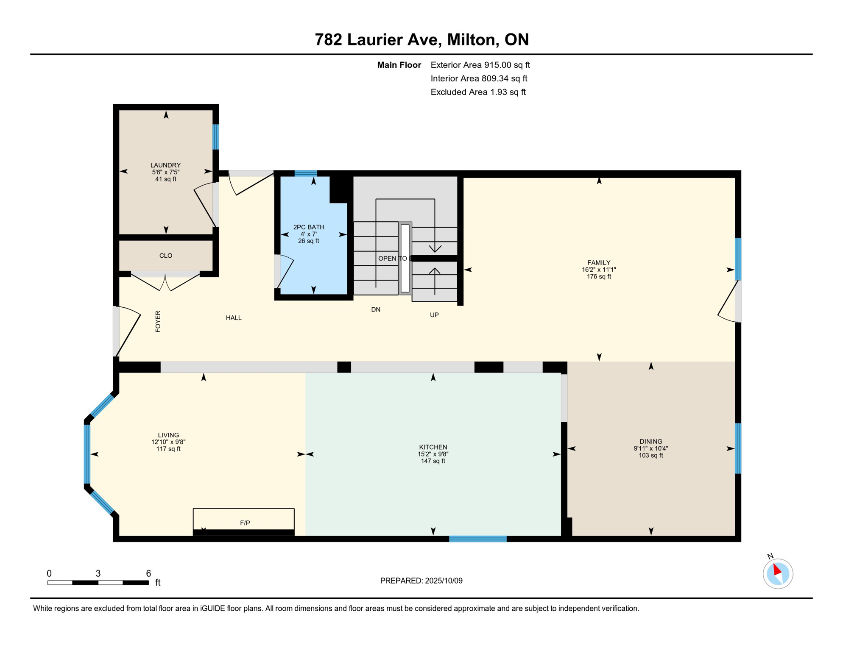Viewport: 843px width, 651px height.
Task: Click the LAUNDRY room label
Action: pos(165,165)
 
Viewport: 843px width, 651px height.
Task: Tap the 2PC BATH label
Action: pos(309,227)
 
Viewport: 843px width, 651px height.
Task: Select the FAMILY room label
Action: pos(599,263)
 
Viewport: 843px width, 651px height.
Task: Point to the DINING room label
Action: pos(651,442)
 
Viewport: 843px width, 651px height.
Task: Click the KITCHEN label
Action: pos(433,447)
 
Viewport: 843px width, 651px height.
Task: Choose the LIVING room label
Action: pos(168,435)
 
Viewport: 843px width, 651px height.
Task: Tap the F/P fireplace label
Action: pos(245,523)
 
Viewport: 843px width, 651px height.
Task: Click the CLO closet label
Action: pos(166,256)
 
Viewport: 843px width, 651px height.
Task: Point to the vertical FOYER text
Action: pos(158,321)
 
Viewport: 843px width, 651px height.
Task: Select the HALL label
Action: pos(234,318)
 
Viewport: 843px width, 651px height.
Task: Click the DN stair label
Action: pos(376,310)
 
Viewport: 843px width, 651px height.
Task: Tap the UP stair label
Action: pos(434,315)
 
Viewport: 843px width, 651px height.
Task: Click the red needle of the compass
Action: pos(777,569)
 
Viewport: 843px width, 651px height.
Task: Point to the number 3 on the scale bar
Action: pos(98,573)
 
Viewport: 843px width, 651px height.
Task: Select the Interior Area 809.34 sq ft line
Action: pos(479,78)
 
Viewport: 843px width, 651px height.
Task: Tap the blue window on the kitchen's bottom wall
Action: pos(478,539)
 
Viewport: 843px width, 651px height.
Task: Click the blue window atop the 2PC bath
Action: pos(306,173)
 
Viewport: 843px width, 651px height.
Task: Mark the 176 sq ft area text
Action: pos(599,277)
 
